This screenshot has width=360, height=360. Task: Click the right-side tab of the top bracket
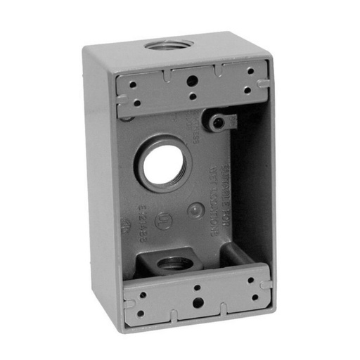click(263, 83)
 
